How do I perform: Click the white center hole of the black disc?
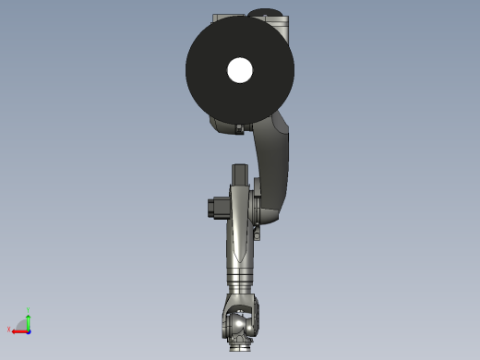240,70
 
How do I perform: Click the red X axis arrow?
18,330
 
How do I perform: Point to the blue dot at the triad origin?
29,330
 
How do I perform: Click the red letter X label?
9,329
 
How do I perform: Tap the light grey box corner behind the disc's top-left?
220,18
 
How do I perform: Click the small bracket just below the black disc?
239,129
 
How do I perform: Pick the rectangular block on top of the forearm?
240,174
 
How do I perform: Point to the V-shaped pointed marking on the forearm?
239,245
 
